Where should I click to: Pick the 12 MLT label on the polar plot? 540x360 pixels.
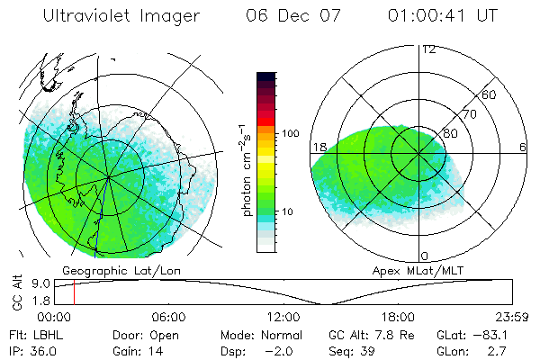428,49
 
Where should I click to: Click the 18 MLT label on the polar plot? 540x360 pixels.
318,148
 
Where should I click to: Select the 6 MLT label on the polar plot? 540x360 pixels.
523,148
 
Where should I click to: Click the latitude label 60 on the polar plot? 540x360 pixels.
490,94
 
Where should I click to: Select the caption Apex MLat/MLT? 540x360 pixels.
410,270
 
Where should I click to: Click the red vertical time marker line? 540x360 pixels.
74,292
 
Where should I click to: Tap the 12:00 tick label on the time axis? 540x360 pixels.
283,317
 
